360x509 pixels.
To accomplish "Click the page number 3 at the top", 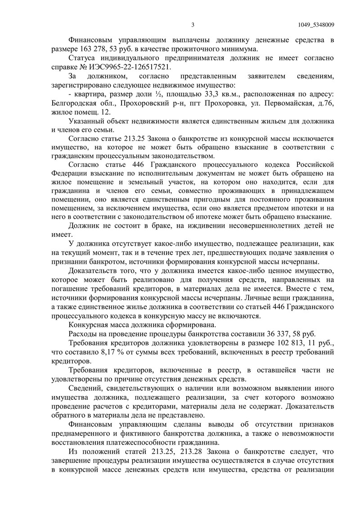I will (x=193, y=25).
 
